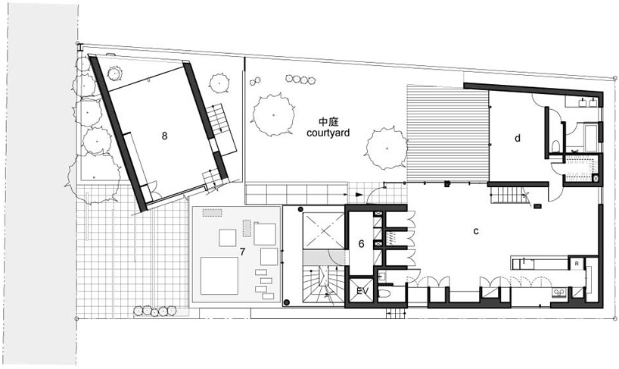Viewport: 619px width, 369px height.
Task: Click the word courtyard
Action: pyautogui.click(x=328, y=133)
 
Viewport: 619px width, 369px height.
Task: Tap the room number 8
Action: pyautogui.click(x=164, y=136)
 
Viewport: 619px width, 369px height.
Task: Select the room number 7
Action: pyautogui.click(x=242, y=252)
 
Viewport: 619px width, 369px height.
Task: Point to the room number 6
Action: pyautogui.click(x=361, y=244)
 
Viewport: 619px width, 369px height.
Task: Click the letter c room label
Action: pyautogui.click(x=476, y=231)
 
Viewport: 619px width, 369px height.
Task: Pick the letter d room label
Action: pyautogui.click(x=517, y=138)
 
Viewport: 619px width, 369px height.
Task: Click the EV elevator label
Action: pyautogui.click(x=362, y=292)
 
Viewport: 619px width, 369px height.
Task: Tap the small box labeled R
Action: pyautogui.click(x=577, y=263)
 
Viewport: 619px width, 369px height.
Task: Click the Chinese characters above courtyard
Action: pyautogui.click(x=328, y=122)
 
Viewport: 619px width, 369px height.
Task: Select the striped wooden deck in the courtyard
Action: pyautogui.click(x=448, y=133)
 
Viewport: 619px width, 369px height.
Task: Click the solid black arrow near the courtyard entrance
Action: pyautogui.click(x=358, y=195)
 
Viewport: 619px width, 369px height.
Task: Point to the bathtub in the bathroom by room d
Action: pyautogui.click(x=589, y=137)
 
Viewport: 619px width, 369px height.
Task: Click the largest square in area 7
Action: pyautogui.click(x=219, y=276)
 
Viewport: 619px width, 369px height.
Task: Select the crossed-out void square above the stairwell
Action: pyautogui.click(x=323, y=231)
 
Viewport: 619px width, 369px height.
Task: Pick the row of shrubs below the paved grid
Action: pyautogui.click(x=154, y=311)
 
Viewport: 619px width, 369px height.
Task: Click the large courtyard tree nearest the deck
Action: pyautogui.click(x=387, y=149)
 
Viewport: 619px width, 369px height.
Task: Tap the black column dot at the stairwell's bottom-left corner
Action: pyautogui.click(x=287, y=302)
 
